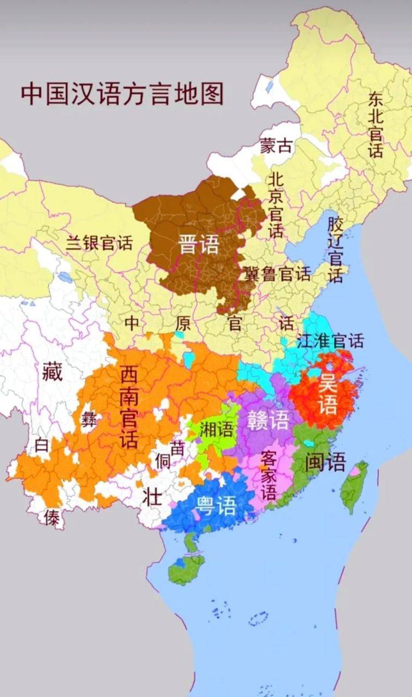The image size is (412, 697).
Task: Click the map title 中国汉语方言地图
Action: (x=122, y=94)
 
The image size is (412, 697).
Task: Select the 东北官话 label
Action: (x=376, y=124)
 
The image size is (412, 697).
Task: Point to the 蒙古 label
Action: (x=276, y=145)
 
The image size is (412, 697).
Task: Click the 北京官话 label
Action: (x=276, y=205)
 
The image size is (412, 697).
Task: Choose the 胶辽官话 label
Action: (x=335, y=250)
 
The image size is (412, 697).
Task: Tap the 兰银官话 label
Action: (x=99, y=242)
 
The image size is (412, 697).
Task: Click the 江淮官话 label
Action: (x=330, y=341)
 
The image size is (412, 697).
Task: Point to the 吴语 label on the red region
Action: (x=328, y=393)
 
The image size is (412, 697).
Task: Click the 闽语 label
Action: (x=325, y=462)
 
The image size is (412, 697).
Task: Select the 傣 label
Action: (x=52, y=519)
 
